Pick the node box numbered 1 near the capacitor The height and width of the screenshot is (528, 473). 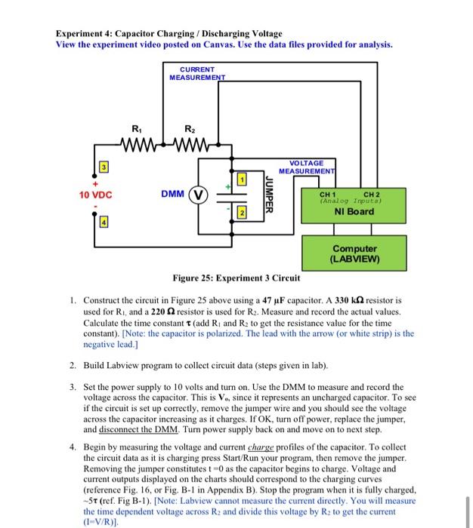tap(242, 178)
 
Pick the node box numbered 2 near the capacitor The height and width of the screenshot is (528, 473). tap(242, 214)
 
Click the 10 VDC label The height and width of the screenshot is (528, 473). tap(95, 194)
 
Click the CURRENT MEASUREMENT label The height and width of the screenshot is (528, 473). tap(197, 73)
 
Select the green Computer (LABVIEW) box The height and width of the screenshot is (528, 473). tap(355, 253)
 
